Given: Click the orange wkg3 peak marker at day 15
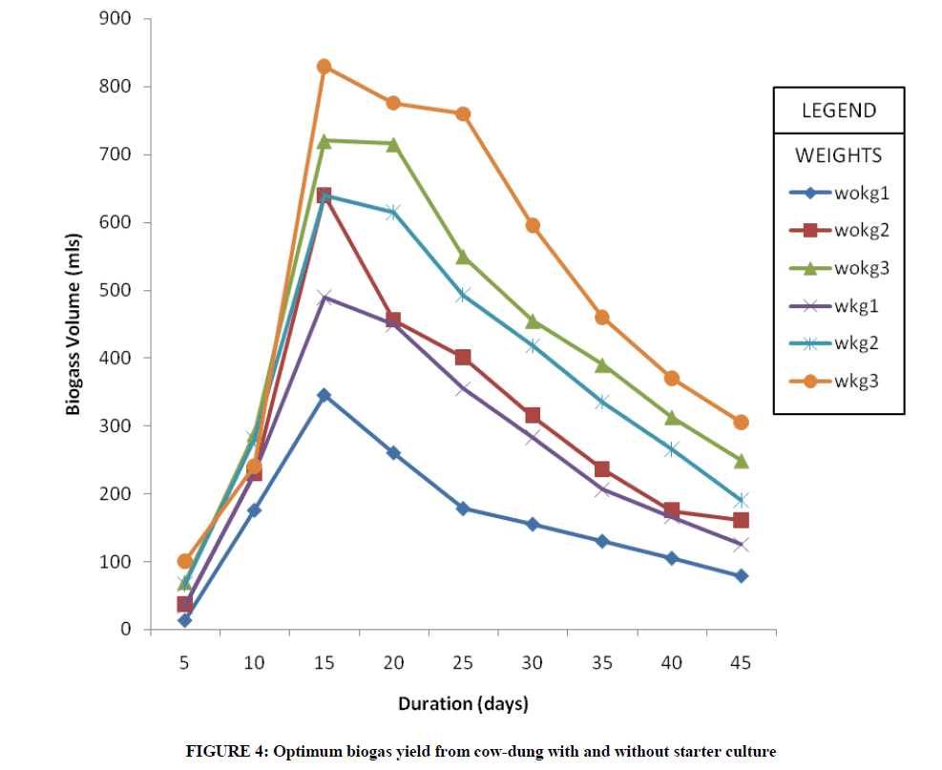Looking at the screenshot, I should pyautogui.click(x=324, y=67).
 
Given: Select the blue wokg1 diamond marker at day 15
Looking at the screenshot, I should pyautogui.click(x=324, y=395).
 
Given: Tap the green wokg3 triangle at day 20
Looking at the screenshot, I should pyautogui.click(x=393, y=144).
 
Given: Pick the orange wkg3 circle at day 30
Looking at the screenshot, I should pyautogui.click(x=533, y=226).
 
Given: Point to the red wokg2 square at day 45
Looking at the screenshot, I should pyautogui.click(x=741, y=520).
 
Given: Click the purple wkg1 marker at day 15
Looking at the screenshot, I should pyautogui.click(x=324, y=297).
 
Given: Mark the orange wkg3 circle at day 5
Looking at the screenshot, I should pyautogui.click(x=184, y=561).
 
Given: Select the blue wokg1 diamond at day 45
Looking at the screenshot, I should pyautogui.click(x=741, y=575).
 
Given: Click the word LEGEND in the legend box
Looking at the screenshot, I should pyautogui.click(x=838, y=110).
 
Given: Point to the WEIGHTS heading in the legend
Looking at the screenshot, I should pyautogui.click(x=838, y=155).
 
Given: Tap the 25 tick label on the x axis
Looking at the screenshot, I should pyautogui.click(x=463, y=661).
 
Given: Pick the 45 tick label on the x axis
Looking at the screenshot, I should pyautogui.click(x=741, y=661).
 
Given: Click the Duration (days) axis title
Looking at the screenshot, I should pyautogui.click(x=463, y=705).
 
